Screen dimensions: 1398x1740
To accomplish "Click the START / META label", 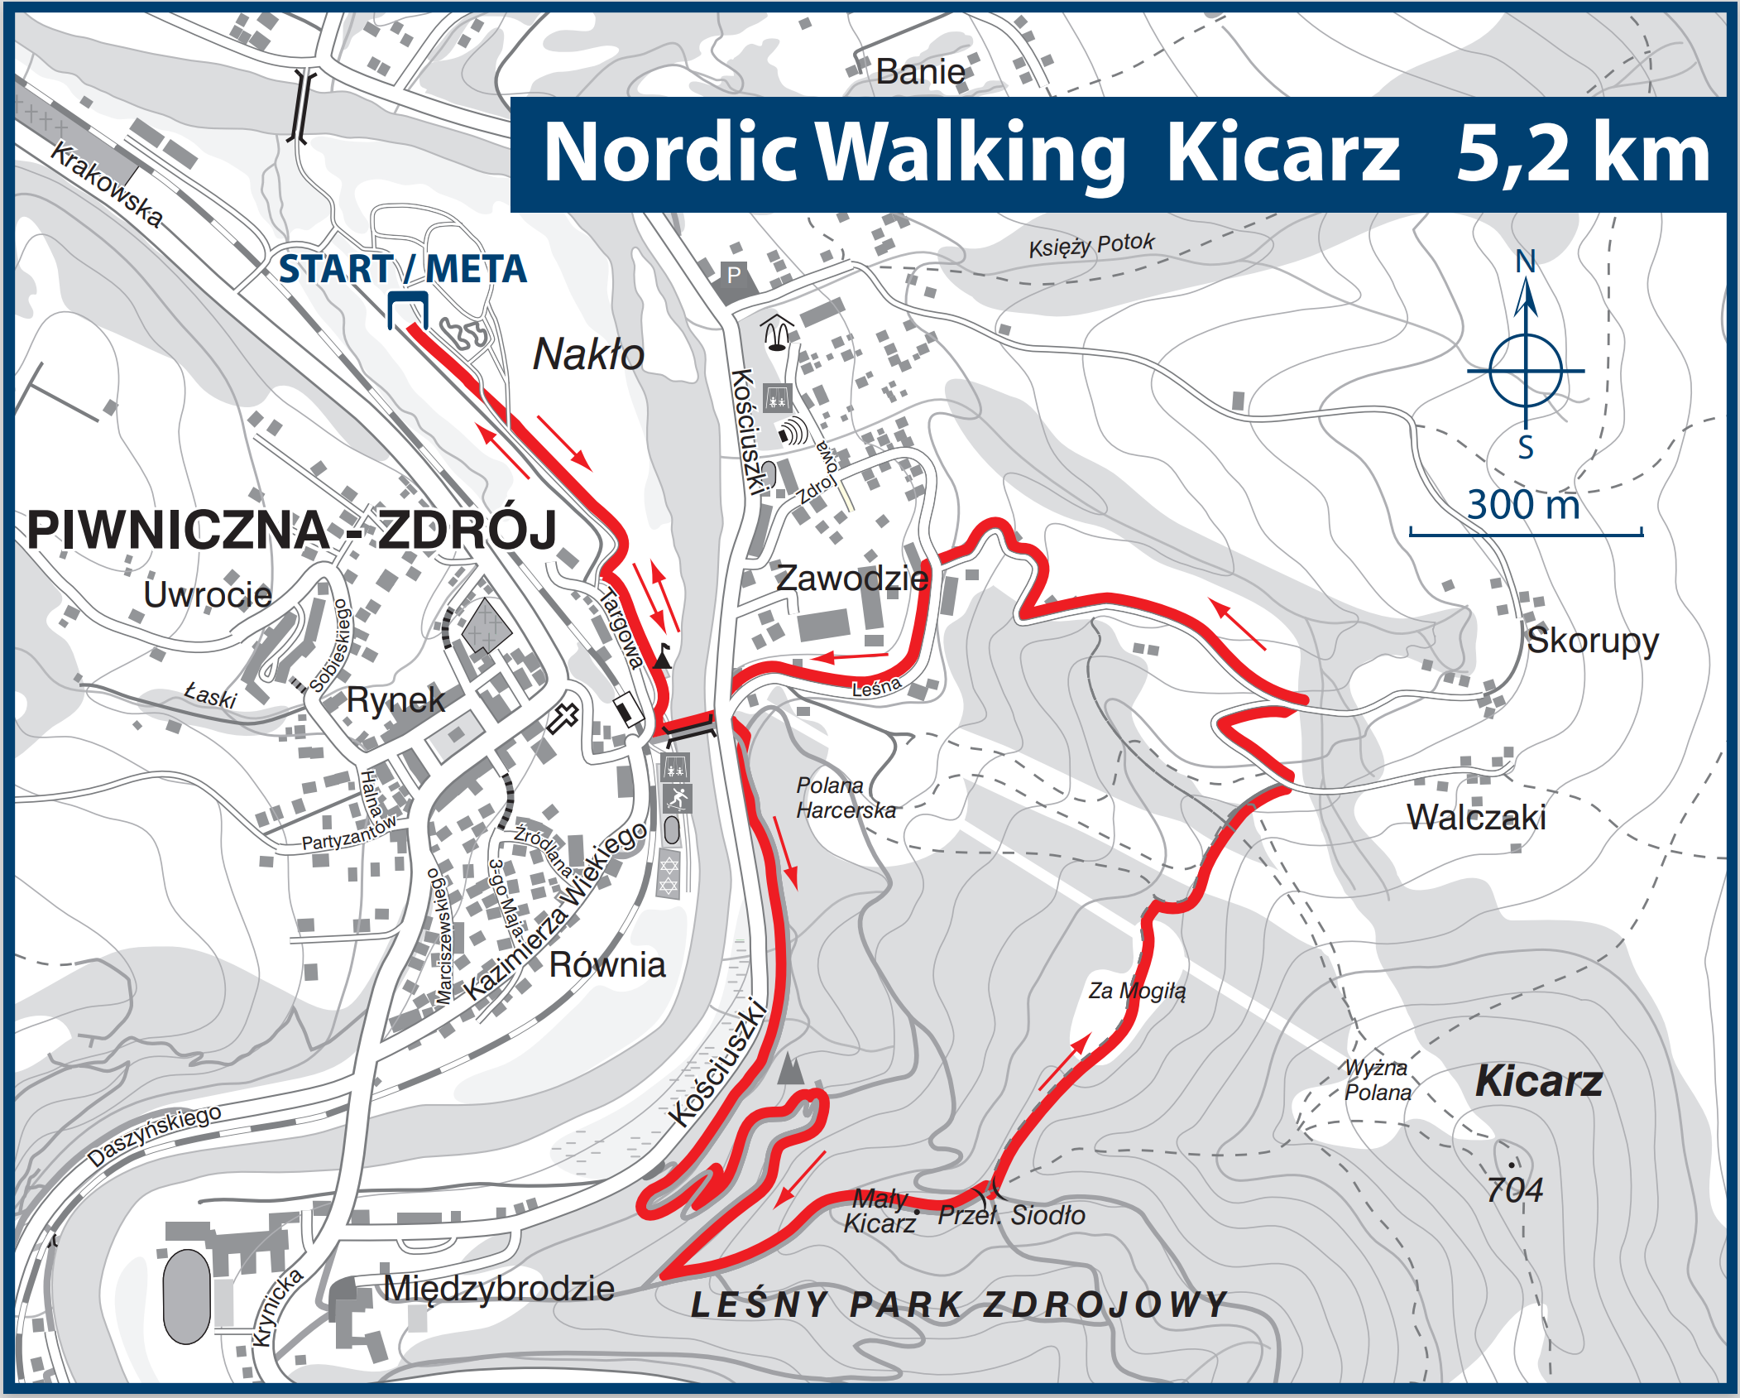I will (402, 270).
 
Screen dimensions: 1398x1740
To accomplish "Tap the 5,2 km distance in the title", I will (1582, 154).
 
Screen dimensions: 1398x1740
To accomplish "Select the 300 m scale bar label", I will (1523, 505).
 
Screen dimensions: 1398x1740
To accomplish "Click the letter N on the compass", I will (1526, 262).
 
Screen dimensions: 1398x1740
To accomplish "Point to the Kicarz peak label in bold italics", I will (1539, 1081).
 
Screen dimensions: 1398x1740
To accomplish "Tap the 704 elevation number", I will (1514, 1190).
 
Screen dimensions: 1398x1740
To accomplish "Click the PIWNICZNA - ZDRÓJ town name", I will (291, 530).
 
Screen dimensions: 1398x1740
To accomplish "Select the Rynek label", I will (395, 700).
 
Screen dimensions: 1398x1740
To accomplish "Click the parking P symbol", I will (734, 275).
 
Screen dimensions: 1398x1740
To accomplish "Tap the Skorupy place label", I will (1592, 641).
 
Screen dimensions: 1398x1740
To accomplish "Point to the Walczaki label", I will (1476, 818).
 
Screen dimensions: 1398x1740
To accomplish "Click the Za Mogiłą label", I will (1137, 991).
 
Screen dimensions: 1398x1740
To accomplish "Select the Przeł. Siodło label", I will (1011, 1215).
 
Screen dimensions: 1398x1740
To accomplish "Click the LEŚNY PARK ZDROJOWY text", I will (960, 1305).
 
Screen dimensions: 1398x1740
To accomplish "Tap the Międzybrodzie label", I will (499, 1289).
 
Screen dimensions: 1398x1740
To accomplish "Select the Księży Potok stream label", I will (1090, 245).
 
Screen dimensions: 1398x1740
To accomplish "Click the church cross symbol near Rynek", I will (563, 717).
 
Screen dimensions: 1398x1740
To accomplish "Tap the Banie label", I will (920, 72).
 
